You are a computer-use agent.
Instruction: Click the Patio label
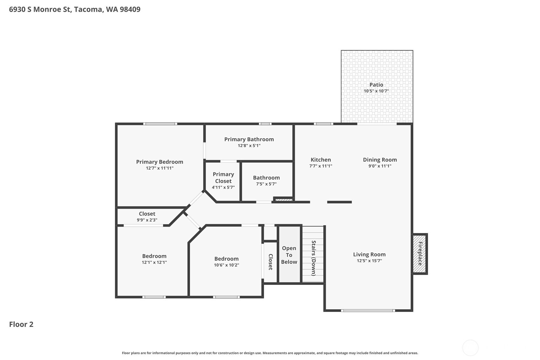(376, 85)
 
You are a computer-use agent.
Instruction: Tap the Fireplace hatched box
(420, 254)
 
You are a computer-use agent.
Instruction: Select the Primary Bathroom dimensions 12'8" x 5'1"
(249, 146)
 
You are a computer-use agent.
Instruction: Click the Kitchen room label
(321, 159)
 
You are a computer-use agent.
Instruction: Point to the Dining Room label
(380, 159)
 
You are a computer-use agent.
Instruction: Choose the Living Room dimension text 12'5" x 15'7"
(369, 261)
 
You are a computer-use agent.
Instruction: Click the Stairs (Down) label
(313, 258)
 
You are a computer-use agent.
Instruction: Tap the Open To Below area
(289, 254)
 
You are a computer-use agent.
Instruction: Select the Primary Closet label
(223, 178)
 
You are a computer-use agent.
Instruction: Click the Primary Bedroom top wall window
(160, 124)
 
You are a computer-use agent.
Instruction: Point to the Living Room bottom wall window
(368, 311)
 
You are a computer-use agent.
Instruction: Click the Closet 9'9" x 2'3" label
(147, 216)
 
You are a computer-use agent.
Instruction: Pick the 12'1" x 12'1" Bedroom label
(154, 259)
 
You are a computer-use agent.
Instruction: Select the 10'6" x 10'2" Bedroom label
(226, 262)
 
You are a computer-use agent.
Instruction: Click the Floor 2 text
(21, 324)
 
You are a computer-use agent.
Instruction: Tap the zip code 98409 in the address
(130, 10)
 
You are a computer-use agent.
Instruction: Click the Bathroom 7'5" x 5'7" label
(266, 180)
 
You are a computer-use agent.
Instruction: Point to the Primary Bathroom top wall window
(265, 124)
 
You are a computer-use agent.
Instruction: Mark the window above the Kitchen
(323, 124)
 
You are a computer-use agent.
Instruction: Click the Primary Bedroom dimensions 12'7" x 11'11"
(160, 168)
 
